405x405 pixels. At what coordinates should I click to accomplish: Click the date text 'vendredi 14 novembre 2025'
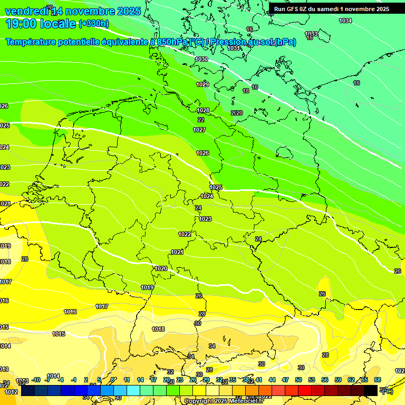pos(73,11)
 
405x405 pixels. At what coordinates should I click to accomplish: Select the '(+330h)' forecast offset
pos(94,24)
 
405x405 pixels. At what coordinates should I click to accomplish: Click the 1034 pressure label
pos(345,21)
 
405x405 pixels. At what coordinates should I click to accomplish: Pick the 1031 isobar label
pos(234,48)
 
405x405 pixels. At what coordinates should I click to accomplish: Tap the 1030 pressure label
pos(201,60)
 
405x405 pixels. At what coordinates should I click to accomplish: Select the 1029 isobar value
pos(202,84)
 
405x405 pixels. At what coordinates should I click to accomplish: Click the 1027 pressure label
pos(199,130)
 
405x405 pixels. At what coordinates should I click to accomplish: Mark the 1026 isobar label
pos(202,153)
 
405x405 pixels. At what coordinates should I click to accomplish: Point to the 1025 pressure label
pos(216,187)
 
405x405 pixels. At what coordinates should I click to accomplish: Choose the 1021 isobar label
pos(177,252)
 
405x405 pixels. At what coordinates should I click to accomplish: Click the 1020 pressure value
pos(161,268)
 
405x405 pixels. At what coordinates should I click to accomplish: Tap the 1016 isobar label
pos(70,312)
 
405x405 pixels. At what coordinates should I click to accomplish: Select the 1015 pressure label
pos(59,334)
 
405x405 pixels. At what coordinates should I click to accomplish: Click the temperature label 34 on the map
pos(212,346)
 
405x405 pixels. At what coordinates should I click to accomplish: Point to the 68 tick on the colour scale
pos(378,380)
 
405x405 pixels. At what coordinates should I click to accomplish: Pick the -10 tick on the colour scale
pos(36,380)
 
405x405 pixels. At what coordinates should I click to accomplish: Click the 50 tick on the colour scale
pos(298,380)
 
